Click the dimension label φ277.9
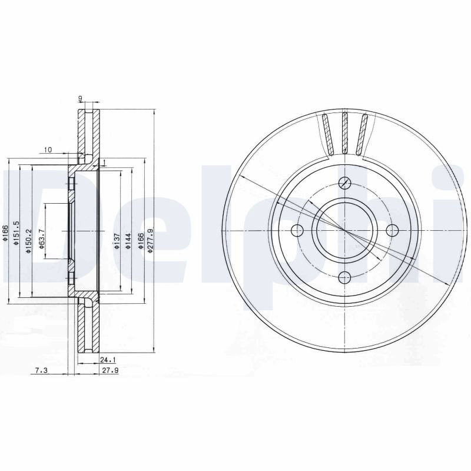[x=151, y=240]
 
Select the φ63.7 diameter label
[x=42, y=239]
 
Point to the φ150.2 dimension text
[x=28, y=241]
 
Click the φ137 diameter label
[x=117, y=241]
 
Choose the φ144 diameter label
[x=128, y=241]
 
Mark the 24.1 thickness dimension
[x=108, y=360]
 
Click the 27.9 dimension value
[x=110, y=371]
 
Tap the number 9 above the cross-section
[x=80, y=98]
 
